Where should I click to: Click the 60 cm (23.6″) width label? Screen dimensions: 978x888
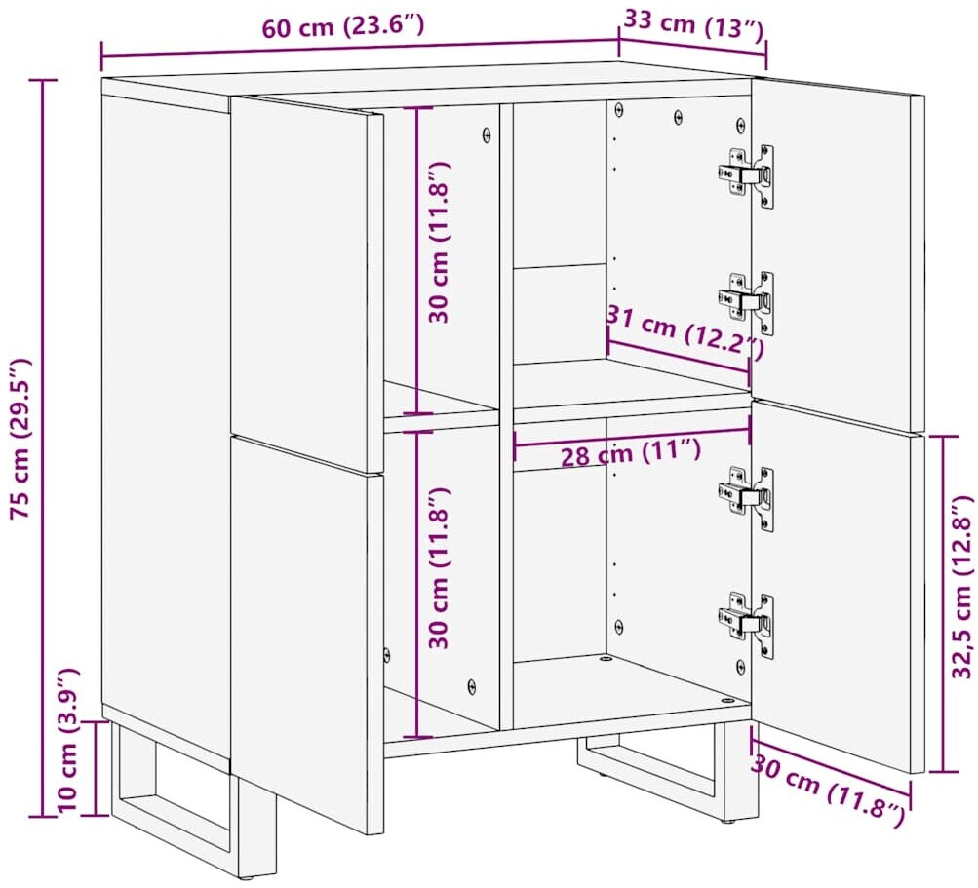pos(342,26)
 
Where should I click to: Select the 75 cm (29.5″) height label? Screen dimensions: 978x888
pos(20,438)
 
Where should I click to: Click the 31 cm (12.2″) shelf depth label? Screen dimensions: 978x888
pos(685,331)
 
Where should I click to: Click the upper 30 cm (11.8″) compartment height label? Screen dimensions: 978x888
pos(439,242)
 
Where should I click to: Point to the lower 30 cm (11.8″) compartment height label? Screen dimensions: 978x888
pos(439,567)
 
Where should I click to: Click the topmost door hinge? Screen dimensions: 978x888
pos(747,174)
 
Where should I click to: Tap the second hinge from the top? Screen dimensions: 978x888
pos(747,301)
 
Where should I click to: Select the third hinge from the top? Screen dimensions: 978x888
pos(747,498)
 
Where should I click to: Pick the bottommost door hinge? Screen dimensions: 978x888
pos(747,624)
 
